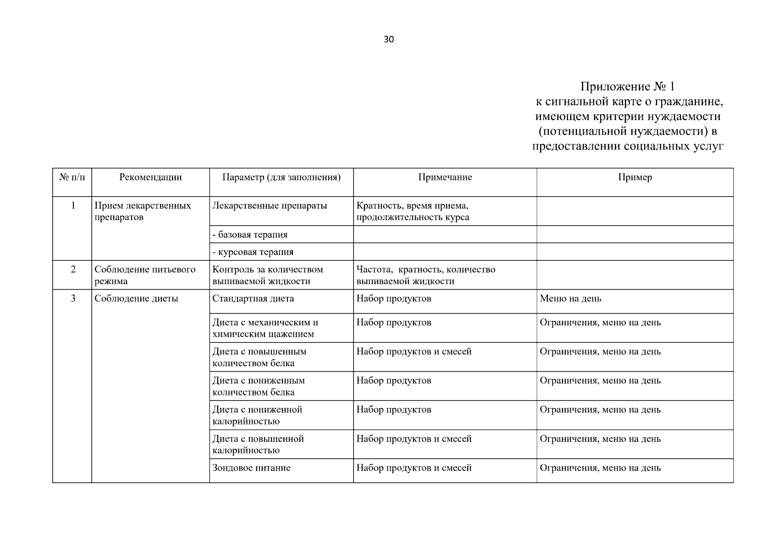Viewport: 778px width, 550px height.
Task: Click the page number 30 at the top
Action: point(388,39)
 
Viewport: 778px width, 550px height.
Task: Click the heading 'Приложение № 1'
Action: point(628,87)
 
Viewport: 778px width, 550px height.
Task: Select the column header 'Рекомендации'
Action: point(150,177)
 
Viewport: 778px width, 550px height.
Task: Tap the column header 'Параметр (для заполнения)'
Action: point(281,177)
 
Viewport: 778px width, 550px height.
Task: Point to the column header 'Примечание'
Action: point(445,177)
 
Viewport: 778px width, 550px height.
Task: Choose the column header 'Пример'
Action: point(635,177)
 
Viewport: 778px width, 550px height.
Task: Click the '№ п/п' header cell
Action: point(72,177)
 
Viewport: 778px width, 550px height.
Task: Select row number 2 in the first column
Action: point(72,269)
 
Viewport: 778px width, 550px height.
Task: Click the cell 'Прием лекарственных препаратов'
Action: point(143,211)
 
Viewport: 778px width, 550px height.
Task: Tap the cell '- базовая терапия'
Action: point(250,235)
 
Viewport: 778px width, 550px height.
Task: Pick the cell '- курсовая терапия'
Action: point(253,252)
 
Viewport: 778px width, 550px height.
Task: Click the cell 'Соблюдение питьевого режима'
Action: point(145,275)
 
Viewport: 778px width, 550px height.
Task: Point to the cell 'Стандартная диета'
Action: point(253,299)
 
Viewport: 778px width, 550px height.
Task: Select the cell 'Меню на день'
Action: point(570,299)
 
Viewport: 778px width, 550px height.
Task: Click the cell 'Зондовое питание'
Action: point(251,468)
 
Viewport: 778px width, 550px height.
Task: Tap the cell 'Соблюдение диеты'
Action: point(136,299)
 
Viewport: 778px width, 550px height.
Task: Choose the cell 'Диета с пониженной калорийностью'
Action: point(257,415)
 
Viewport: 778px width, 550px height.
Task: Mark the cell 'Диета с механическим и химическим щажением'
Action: point(265,328)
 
